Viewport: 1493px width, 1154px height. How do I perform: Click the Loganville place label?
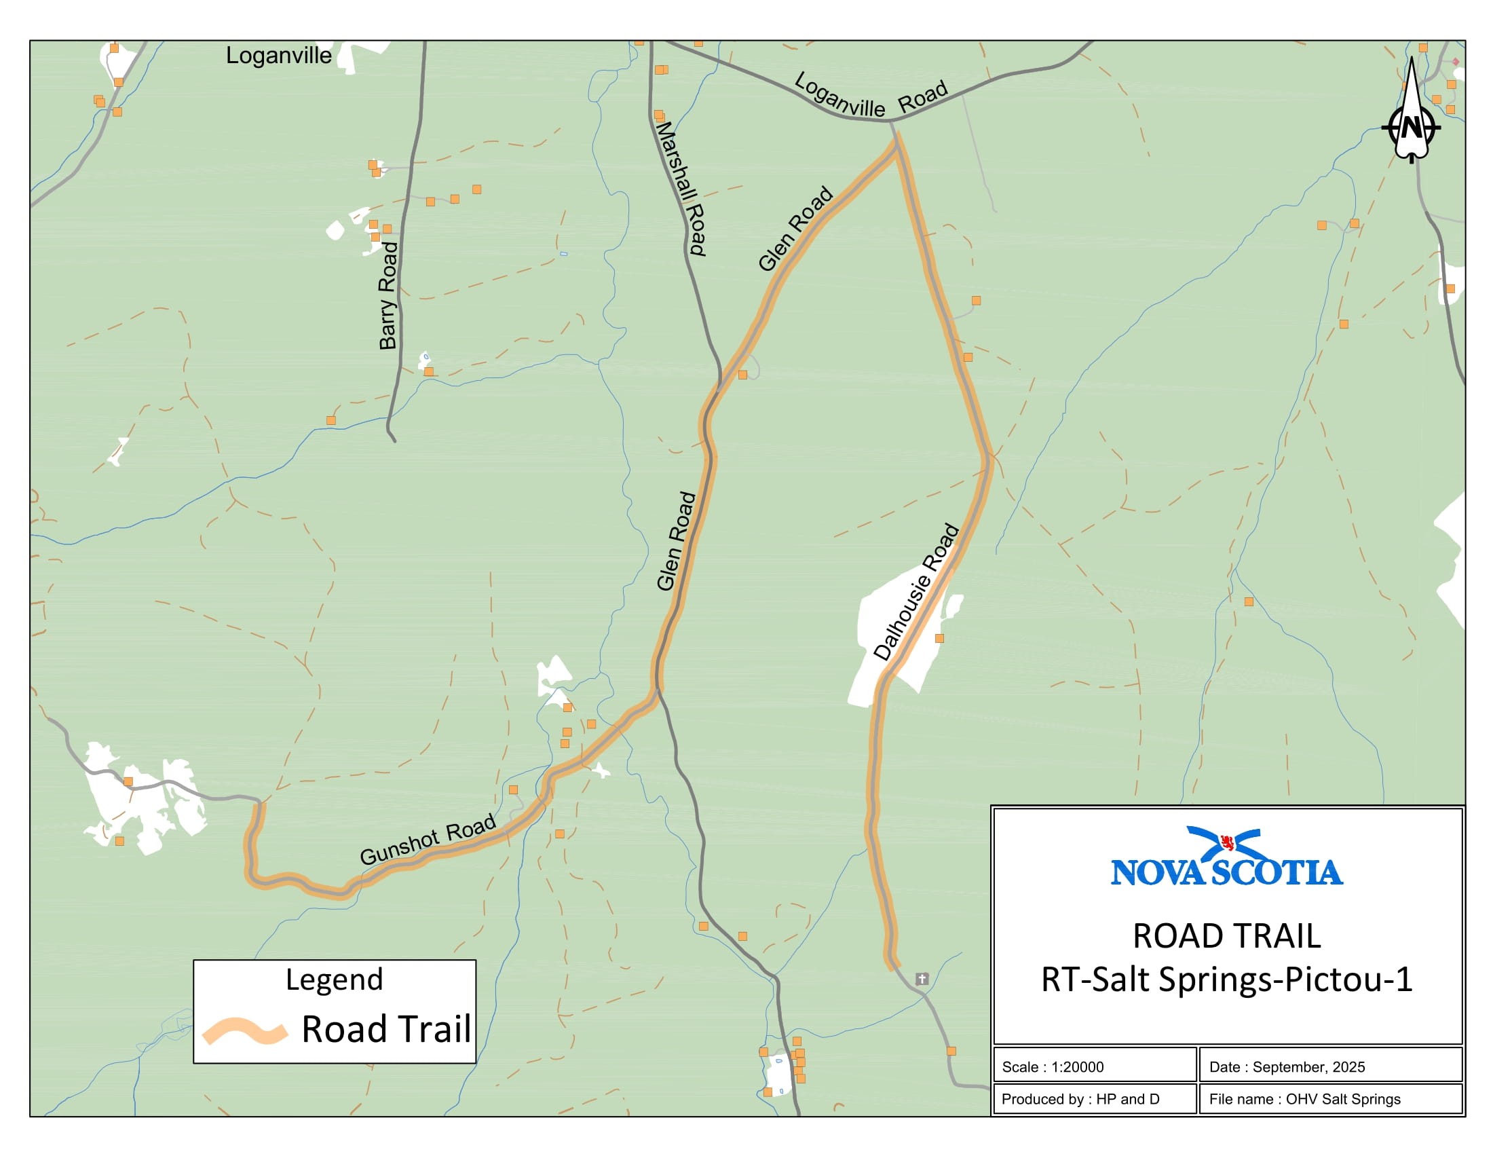coord(278,56)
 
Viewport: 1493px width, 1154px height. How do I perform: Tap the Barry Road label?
coord(388,295)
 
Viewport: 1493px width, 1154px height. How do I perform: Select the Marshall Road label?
coord(680,188)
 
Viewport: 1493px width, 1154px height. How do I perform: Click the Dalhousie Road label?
coord(916,591)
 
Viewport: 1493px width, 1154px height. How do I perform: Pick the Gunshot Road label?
coord(428,839)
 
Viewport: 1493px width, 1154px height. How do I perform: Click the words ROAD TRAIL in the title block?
coord(1226,936)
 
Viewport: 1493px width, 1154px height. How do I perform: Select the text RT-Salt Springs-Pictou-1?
coord(1226,979)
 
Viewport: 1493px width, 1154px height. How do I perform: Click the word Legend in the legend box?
coord(334,980)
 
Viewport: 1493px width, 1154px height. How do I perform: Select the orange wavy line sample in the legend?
coord(244,1031)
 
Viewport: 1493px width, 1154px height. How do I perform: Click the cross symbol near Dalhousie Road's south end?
coord(922,979)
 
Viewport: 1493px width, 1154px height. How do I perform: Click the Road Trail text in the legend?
coord(386,1029)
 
